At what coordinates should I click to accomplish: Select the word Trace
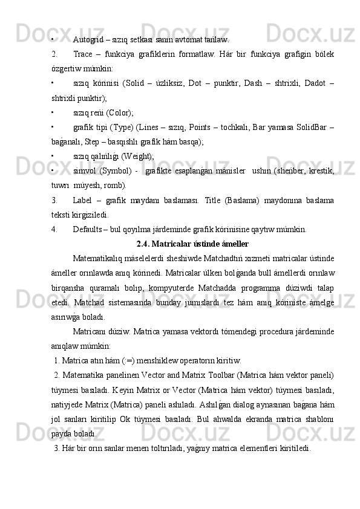click(x=83, y=54)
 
